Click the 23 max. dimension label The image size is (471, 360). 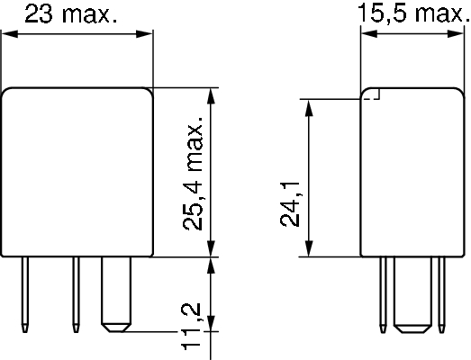tap(71, 14)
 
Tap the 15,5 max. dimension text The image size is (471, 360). tap(414, 13)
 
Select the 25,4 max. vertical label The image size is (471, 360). tap(193, 174)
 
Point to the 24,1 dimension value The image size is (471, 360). tap(290, 204)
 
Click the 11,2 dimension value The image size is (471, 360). tap(191, 327)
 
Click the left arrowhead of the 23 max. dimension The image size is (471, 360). tap(10, 34)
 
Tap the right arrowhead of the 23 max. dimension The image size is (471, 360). tap(144, 34)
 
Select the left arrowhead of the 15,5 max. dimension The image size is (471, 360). tap(369, 33)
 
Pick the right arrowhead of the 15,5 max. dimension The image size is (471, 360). tap(456, 33)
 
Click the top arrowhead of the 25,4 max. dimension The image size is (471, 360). tap(212, 96)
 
